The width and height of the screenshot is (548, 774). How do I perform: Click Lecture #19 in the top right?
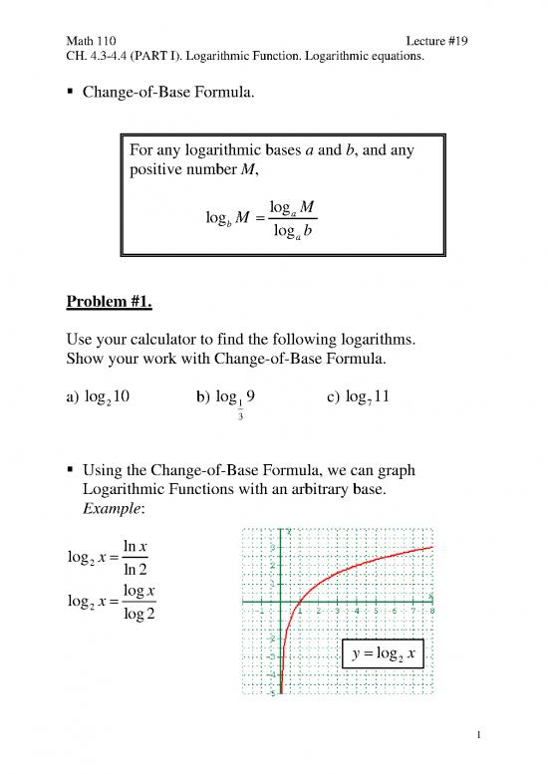(x=437, y=41)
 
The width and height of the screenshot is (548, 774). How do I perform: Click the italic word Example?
(x=114, y=506)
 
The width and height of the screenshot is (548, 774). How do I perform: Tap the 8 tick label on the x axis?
(x=432, y=612)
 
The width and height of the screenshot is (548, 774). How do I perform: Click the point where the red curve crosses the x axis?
(x=300, y=603)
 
